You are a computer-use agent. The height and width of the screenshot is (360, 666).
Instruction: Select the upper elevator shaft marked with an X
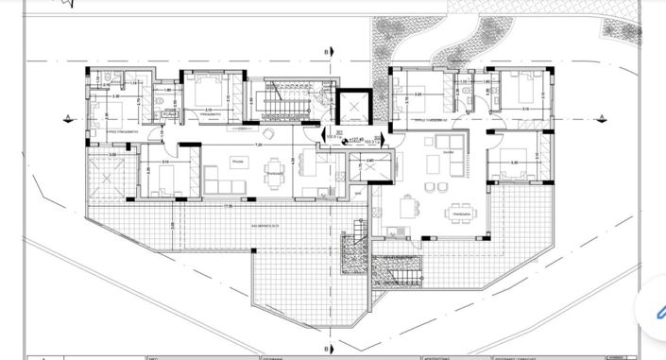point(351,108)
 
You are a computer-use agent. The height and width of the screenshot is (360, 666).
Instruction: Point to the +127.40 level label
point(356,139)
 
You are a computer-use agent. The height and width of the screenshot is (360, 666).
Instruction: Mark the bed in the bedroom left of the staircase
point(208,93)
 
